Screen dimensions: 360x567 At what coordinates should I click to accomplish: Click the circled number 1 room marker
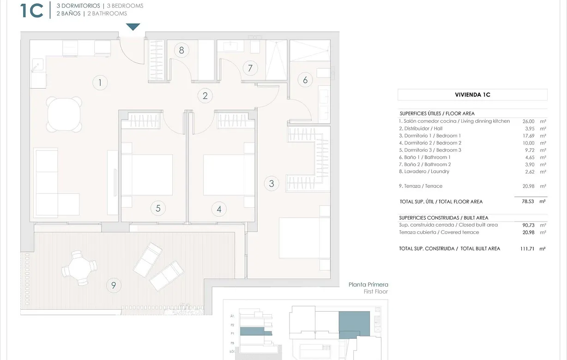point(100,83)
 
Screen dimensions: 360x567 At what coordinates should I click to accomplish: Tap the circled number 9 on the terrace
point(113,285)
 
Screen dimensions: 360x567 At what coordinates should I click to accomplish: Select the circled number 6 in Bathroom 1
point(305,80)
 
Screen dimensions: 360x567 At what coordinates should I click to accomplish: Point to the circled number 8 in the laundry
point(181,50)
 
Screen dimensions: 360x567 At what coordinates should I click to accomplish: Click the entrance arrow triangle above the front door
point(133,27)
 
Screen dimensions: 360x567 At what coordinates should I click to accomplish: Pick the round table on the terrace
point(79,267)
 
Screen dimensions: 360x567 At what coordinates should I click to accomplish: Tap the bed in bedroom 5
point(147,174)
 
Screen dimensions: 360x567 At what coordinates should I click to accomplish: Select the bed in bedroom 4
point(229,174)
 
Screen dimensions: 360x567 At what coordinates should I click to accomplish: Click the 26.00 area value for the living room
point(528,121)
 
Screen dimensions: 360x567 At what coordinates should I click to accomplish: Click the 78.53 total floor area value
point(528,202)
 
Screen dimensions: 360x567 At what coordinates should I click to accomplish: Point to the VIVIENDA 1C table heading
point(472,95)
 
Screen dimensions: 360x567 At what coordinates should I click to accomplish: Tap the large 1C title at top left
point(32,11)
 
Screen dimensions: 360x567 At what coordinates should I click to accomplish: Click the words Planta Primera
point(368,285)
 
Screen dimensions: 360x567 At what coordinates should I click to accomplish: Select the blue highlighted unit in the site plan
point(354,323)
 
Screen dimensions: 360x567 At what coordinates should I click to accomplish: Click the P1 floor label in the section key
point(232,332)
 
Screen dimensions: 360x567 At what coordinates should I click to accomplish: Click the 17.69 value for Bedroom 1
point(528,136)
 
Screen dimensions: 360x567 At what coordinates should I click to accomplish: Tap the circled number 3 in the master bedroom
point(271,184)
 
